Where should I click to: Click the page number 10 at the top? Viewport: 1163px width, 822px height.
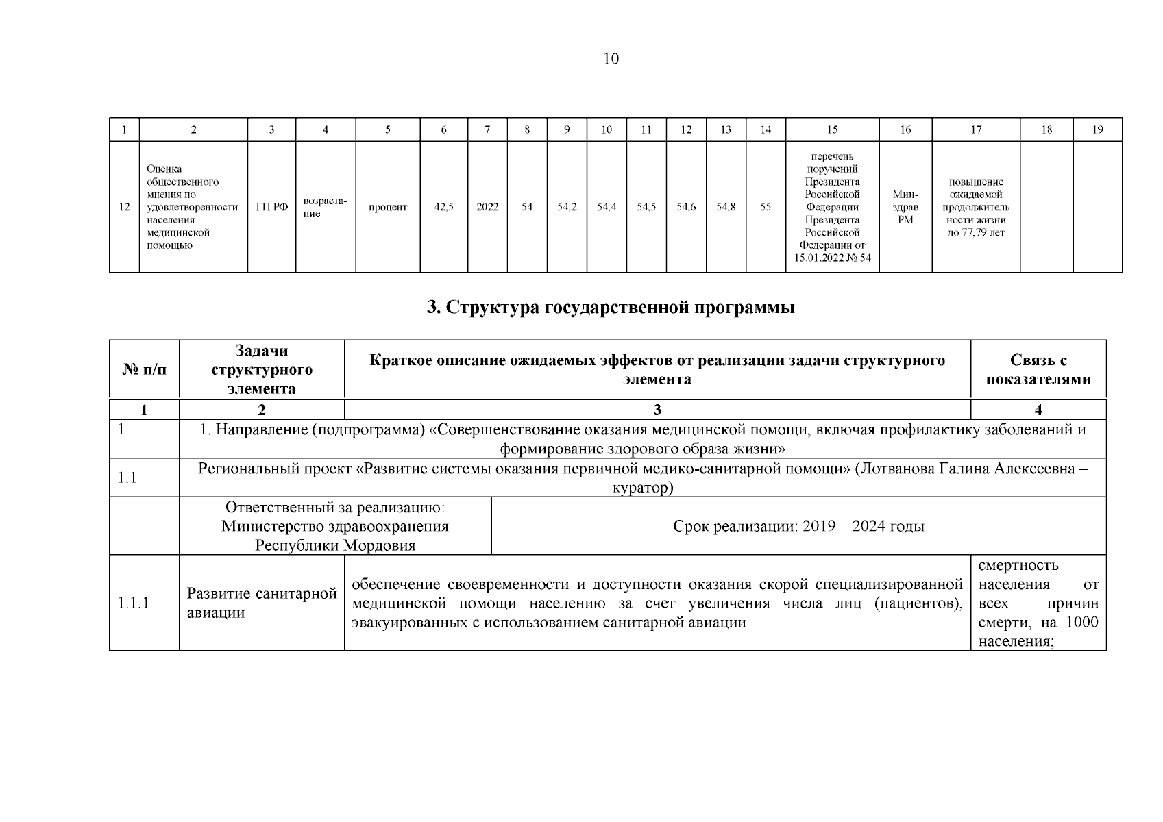coord(611,59)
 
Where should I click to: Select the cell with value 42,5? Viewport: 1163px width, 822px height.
coord(444,207)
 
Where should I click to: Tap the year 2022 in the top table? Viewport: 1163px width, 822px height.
coord(487,207)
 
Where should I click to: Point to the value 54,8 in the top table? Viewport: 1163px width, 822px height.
coord(726,207)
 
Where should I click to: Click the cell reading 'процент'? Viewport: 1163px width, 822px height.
coord(388,207)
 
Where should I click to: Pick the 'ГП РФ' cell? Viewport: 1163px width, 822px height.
coord(271,207)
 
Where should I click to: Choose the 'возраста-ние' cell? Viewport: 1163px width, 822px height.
coord(325,207)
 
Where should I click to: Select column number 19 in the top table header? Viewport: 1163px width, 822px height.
coord(1097,129)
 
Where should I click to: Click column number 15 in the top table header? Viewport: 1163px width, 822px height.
coord(832,129)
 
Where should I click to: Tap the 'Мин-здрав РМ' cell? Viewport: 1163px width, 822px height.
coord(905,207)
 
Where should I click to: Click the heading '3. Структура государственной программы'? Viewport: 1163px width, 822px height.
coord(611,308)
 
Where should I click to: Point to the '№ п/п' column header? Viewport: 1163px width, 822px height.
coord(144,370)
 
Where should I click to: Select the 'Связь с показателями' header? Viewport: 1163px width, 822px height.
coord(1038,370)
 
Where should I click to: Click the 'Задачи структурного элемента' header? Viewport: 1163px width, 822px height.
coord(262,370)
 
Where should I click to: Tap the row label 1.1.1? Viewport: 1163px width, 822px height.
coord(134,603)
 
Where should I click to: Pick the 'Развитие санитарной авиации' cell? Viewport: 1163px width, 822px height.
coord(262,603)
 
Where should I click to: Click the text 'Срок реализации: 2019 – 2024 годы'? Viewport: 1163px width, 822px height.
coord(798,526)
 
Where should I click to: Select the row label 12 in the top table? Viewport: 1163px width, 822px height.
coord(124,207)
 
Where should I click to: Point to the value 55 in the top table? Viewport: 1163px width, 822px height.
coord(766,207)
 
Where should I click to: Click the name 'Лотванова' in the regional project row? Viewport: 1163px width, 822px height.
coord(892,469)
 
